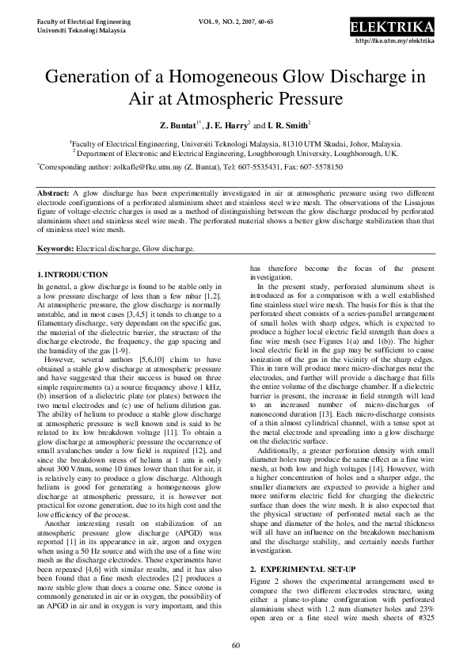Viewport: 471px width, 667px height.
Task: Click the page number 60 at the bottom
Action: tap(235, 645)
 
